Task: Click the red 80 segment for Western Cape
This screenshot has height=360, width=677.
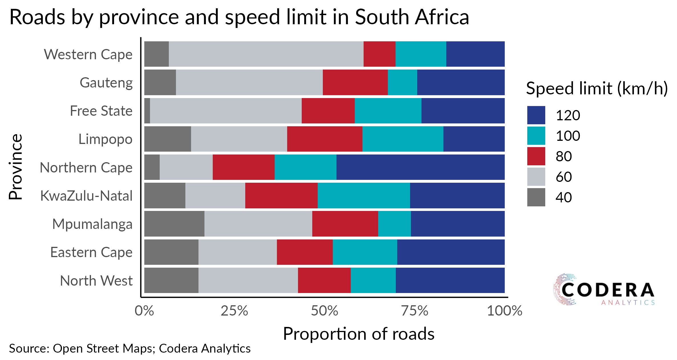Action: coord(379,54)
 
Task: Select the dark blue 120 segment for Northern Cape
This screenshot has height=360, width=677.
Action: coord(420,167)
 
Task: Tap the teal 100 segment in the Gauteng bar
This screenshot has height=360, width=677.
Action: coord(402,82)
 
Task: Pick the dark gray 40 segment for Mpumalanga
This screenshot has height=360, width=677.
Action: coord(174,224)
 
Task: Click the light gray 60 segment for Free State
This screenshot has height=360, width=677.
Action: coord(226,111)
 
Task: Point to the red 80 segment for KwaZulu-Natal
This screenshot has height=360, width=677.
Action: coord(281,196)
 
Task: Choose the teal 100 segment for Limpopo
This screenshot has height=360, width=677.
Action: coord(403,139)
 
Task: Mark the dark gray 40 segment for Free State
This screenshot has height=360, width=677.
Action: coord(147,111)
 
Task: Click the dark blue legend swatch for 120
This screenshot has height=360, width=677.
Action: coord(536,115)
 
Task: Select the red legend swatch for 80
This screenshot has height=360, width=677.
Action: coord(536,156)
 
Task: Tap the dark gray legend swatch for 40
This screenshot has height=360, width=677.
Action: coord(536,197)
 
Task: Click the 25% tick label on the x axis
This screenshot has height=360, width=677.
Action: coord(234,311)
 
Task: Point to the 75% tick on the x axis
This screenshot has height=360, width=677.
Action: coord(414,311)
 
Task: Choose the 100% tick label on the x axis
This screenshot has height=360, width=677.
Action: coord(504,311)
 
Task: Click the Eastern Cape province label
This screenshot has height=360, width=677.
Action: coord(91,252)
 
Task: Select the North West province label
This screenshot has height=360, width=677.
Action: coord(96,280)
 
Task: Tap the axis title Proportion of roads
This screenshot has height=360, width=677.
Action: coord(358,334)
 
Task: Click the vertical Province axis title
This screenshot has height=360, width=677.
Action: coord(15,167)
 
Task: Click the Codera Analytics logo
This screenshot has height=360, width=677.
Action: coord(603,290)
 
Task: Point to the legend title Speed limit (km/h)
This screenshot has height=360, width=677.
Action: coord(597,88)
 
